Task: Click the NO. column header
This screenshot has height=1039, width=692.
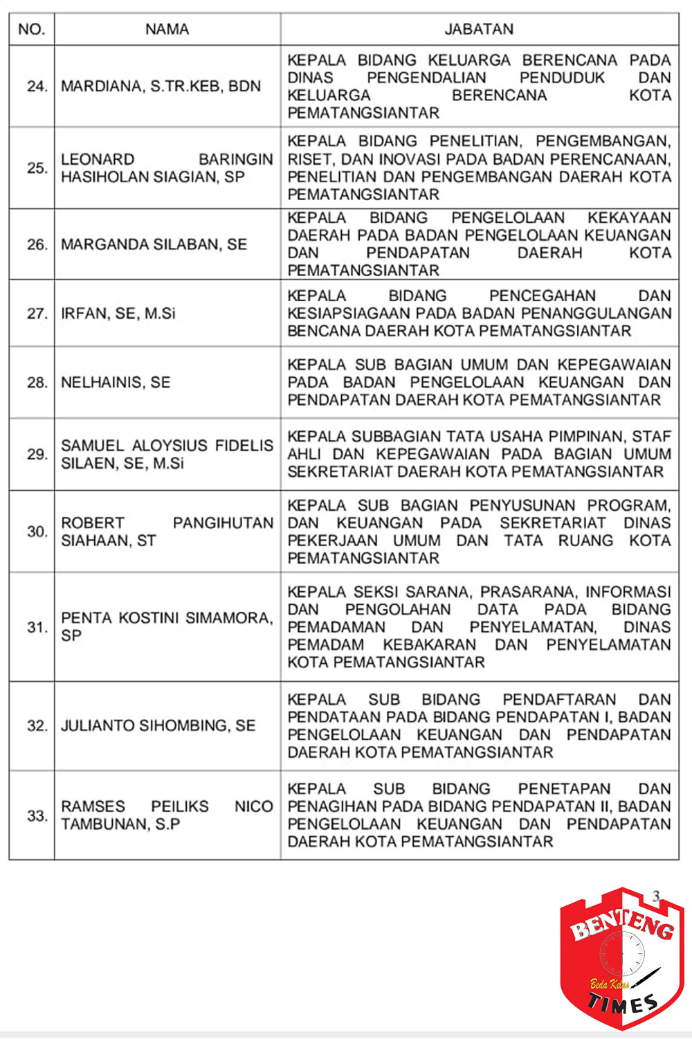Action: coord(32,29)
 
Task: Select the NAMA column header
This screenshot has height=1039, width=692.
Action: coord(167,29)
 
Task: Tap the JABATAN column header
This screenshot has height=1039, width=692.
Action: coord(479,29)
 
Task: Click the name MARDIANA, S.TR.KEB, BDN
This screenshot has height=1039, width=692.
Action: coord(161,87)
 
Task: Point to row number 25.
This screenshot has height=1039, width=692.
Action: coord(37,168)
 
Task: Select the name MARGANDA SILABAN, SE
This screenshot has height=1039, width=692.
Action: coord(154,244)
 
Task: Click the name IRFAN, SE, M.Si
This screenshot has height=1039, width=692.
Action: coord(118,314)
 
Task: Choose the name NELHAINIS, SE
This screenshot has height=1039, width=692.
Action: coord(116,382)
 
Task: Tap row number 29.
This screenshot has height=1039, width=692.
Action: coord(37,454)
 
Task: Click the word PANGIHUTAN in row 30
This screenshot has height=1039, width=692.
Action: coord(223,523)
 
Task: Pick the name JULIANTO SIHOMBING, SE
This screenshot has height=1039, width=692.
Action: coord(158,725)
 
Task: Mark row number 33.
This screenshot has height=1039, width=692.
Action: coord(37,815)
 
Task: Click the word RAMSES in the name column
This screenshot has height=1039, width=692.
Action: coord(93,806)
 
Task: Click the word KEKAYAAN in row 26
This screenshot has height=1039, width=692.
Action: coord(629,218)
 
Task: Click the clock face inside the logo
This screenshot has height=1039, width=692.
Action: coord(621,954)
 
